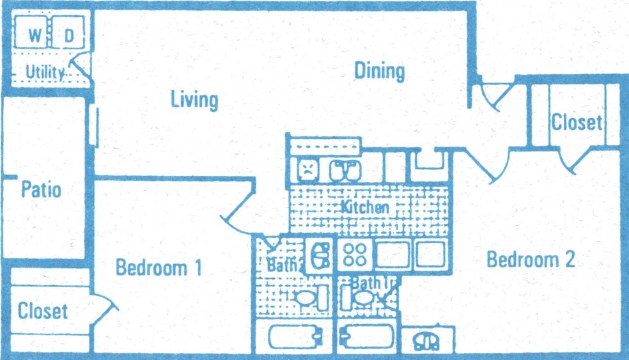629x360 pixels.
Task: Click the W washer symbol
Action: click(31, 32)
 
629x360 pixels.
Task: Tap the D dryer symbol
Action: click(68, 32)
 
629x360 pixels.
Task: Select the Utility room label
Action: click(45, 73)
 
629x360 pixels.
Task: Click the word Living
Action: click(194, 100)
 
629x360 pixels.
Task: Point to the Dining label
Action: click(380, 72)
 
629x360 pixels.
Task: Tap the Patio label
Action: click(41, 189)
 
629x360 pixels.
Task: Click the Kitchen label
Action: click(365, 207)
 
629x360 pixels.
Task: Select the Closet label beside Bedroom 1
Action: click(43, 311)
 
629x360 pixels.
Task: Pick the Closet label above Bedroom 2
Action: click(577, 122)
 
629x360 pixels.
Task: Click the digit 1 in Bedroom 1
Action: click(198, 268)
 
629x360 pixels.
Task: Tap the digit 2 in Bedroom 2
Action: click(570, 259)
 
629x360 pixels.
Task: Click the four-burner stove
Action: click(355, 255)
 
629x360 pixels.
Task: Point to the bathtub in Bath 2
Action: click(295, 337)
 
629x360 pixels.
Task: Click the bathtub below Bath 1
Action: click(367, 336)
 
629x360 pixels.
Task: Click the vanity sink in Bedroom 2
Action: click(426, 342)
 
